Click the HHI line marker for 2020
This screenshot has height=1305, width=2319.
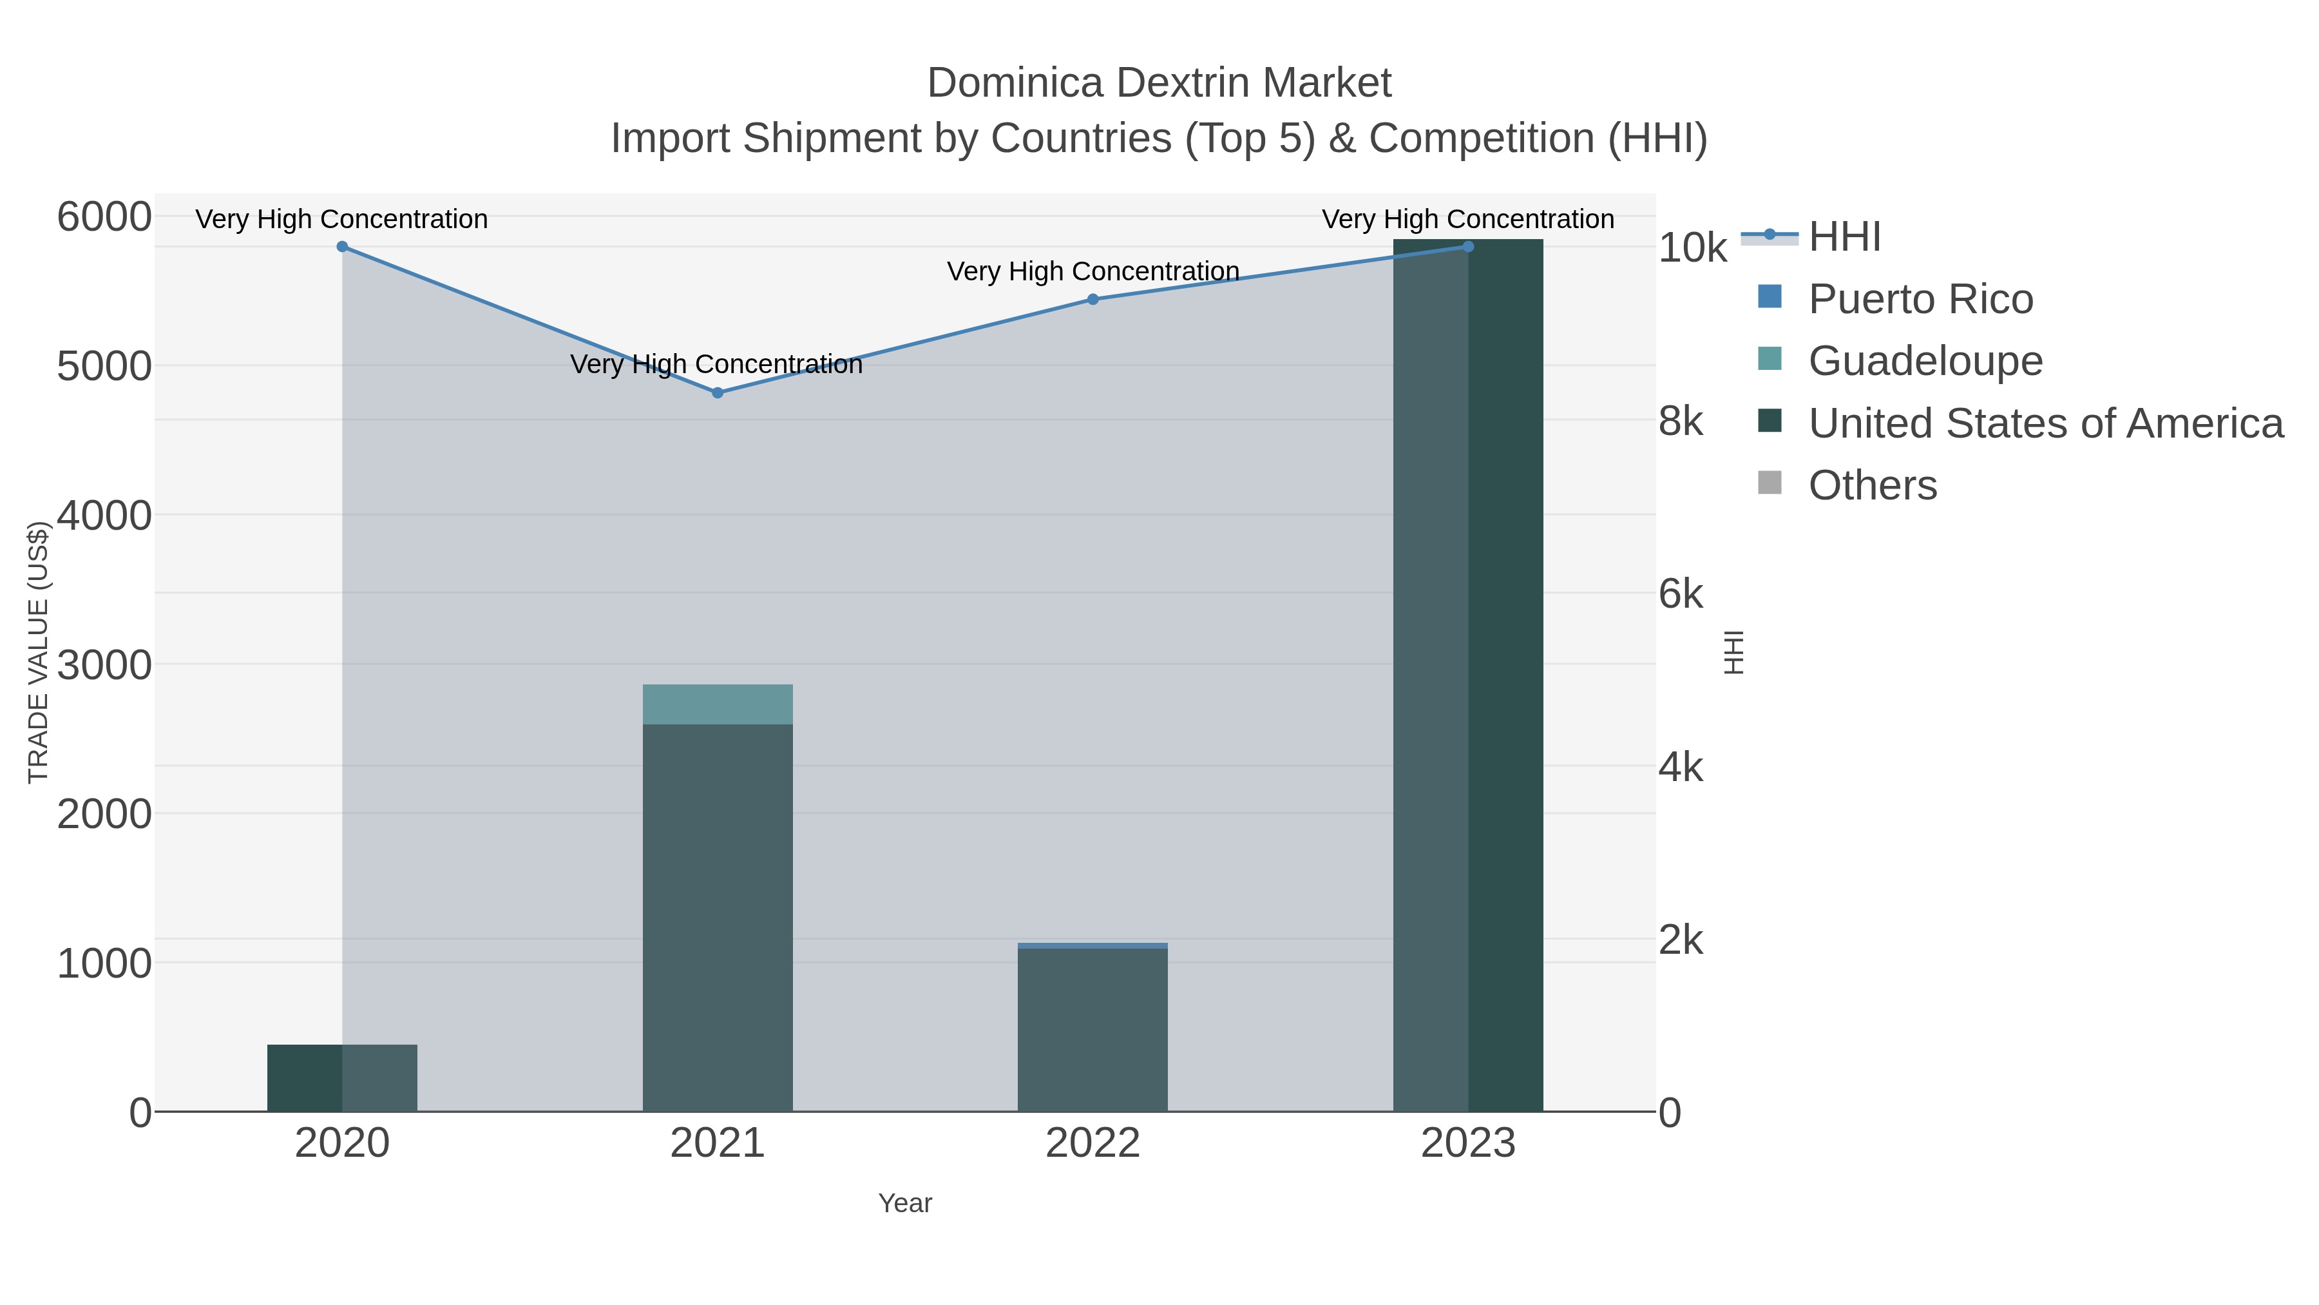342,247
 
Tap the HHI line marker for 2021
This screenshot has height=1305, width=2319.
718,392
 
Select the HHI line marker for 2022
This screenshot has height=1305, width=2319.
1093,299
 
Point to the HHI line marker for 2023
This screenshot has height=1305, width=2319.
1468,247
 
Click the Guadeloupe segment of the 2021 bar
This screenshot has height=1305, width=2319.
718,704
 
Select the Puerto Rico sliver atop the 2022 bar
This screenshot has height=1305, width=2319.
1093,945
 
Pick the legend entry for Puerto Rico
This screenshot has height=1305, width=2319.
1920,299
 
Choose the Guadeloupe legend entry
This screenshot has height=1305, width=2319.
1925,361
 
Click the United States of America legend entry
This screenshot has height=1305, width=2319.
2045,423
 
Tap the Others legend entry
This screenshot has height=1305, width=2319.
1873,485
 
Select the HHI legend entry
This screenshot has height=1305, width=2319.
1845,237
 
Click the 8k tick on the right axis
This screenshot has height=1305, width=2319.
1681,421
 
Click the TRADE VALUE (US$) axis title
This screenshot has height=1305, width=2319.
39,652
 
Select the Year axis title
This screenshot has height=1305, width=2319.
905,1203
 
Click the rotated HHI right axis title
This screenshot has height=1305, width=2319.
1733,652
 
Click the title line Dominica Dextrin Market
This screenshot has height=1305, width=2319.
1159,83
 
